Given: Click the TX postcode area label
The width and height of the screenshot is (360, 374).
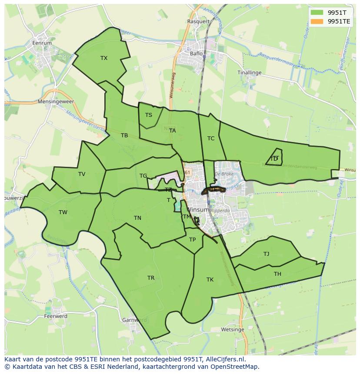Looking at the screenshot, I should (104, 58).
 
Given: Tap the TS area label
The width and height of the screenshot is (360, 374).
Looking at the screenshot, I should (149, 115).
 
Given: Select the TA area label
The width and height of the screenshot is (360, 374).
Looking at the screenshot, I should (173, 131).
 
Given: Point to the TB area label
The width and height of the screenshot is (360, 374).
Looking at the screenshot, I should (124, 136).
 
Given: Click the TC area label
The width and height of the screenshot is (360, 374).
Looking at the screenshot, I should (211, 139).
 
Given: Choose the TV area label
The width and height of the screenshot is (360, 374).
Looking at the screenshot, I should (82, 174).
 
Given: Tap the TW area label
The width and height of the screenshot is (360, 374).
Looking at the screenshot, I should (63, 212).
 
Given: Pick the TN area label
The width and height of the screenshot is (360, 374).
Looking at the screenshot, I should (137, 218).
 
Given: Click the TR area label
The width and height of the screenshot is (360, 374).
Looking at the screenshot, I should (151, 278).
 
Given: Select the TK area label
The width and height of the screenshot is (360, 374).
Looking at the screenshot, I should (210, 280).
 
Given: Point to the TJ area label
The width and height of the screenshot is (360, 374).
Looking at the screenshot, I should (266, 254).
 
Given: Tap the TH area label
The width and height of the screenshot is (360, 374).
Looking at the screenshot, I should (277, 274).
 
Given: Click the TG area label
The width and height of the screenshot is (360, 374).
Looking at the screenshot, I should (143, 176).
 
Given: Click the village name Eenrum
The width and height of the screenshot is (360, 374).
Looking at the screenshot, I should (42, 43).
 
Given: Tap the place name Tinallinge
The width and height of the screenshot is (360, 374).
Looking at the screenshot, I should (250, 73).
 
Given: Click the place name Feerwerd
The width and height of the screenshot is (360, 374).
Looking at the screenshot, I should (55, 316).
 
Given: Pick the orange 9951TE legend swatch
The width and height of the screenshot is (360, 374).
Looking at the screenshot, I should (317, 21).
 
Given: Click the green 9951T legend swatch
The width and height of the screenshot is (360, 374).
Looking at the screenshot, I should (317, 12).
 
